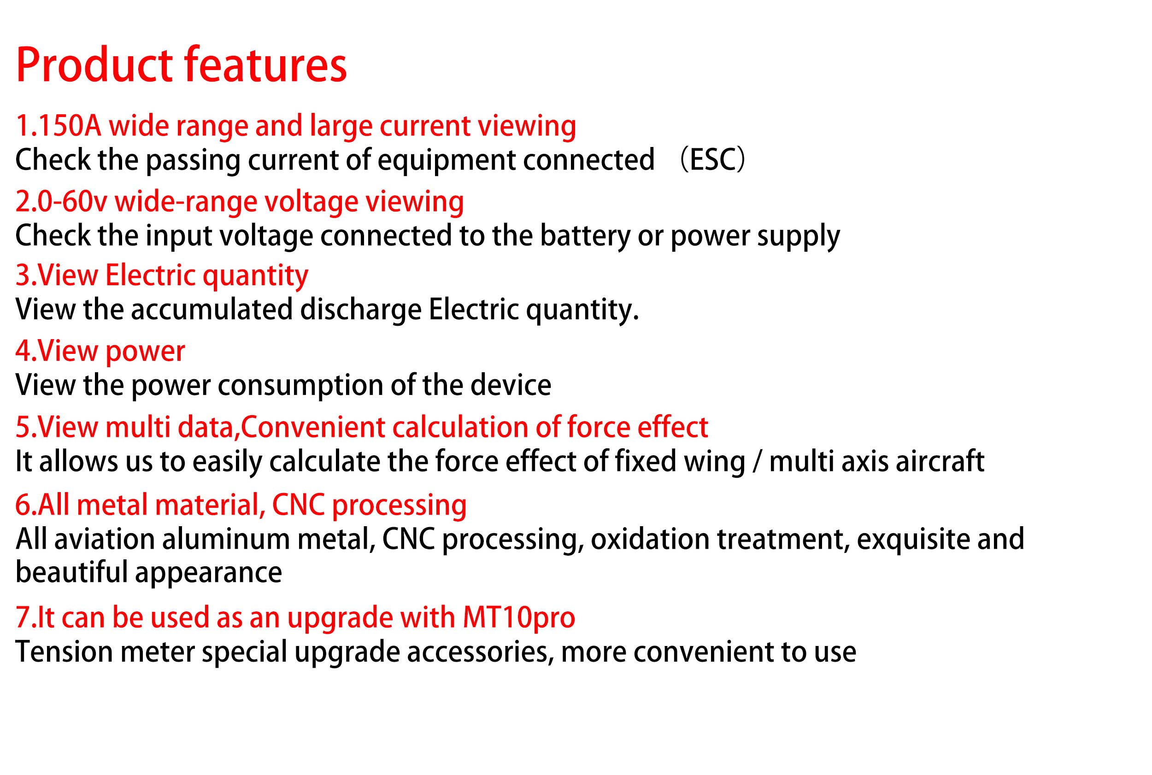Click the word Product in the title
click(x=94, y=65)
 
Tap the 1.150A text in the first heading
click(x=59, y=125)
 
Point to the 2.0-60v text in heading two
click(x=61, y=202)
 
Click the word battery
click(x=585, y=235)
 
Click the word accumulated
click(x=212, y=310)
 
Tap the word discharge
click(x=361, y=311)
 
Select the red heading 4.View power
click(x=100, y=352)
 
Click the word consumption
click(x=300, y=386)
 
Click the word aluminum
click(x=226, y=539)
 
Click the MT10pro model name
click(x=519, y=618)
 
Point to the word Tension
click(x=64, y=652)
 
